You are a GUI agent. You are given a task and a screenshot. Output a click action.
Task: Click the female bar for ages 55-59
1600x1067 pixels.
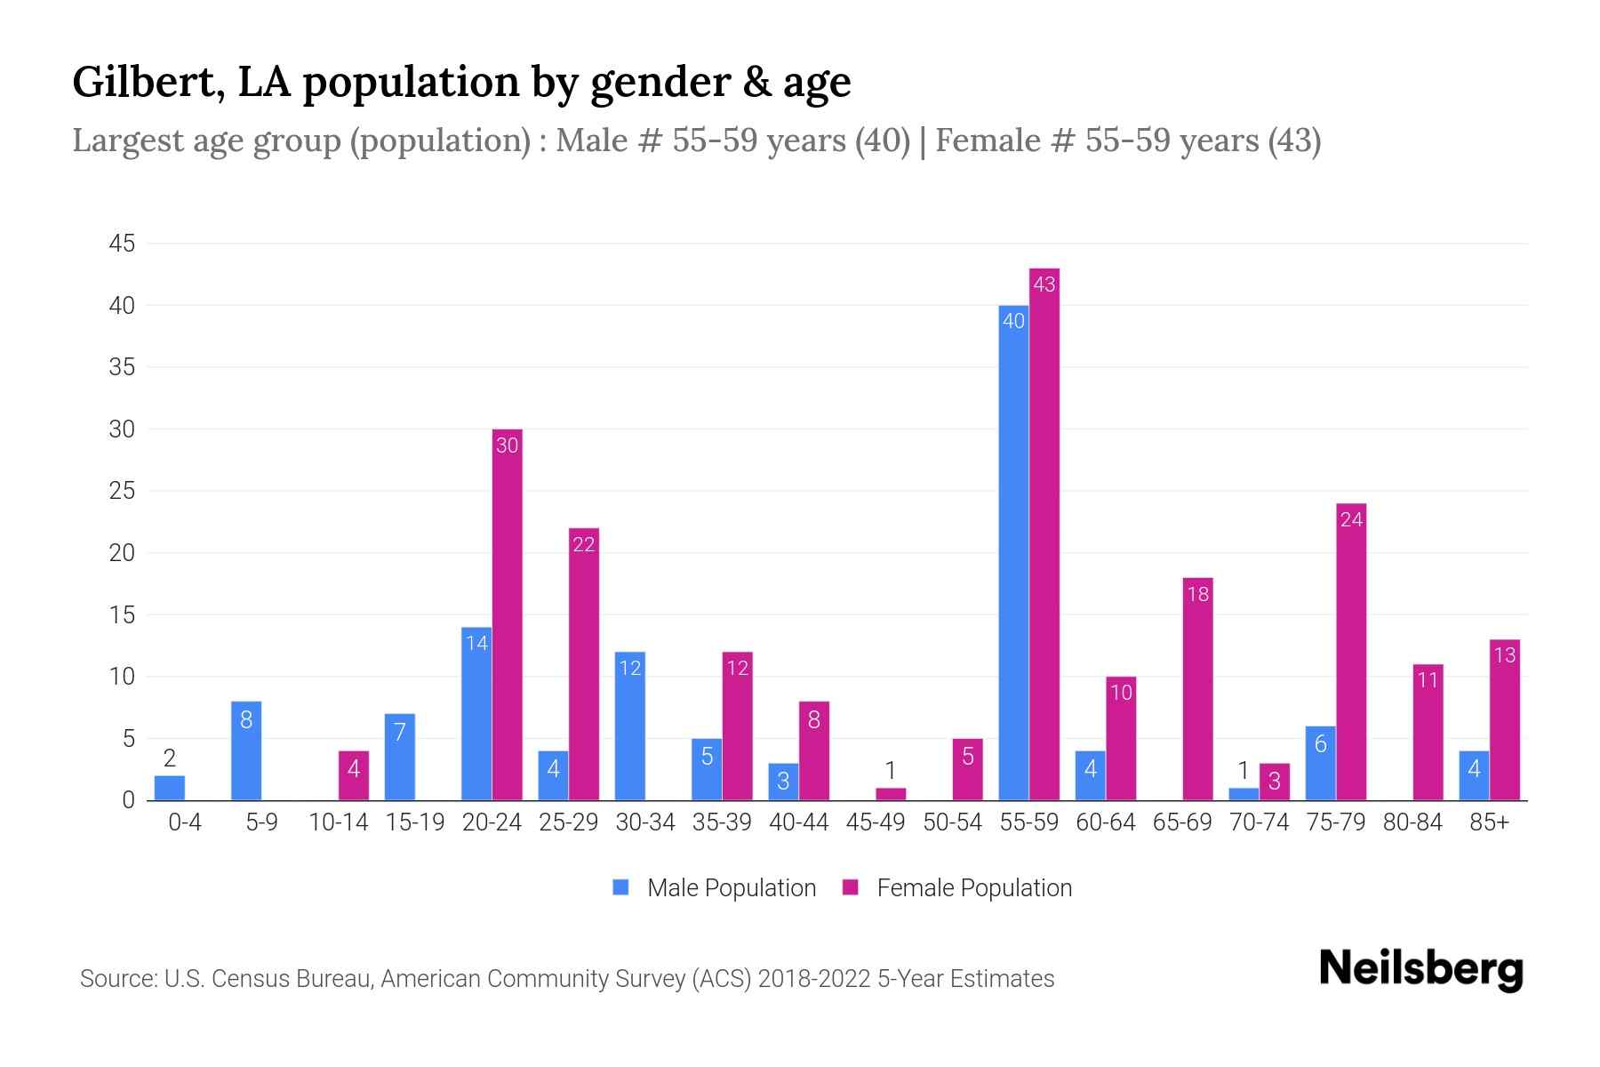[1044, 533]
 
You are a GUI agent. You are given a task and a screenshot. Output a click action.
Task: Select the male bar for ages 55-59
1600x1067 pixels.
[1013, 551]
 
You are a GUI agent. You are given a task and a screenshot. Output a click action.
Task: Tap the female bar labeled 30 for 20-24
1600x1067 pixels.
[507, 614]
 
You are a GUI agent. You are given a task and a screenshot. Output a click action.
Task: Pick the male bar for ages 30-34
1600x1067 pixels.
[629, 726]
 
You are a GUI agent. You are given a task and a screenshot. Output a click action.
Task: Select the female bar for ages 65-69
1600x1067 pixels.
[1197, 689]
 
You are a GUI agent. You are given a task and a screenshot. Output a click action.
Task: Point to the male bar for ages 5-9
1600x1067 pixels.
[246, 751]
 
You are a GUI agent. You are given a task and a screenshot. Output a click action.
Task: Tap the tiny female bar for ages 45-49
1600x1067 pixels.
[891, 794]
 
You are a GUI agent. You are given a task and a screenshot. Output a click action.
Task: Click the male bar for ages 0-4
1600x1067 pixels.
[170, 788]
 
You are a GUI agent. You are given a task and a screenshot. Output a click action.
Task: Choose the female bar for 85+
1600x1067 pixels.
[1505, 720]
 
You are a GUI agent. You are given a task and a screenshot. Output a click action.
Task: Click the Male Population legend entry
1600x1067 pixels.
[715, 887]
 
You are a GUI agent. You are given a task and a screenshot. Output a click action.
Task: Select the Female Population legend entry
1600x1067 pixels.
[958, 887]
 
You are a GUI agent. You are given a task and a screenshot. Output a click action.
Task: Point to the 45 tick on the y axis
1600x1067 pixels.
[122, 244]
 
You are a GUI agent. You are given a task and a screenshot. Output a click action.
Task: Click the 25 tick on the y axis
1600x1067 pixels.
[122, 491]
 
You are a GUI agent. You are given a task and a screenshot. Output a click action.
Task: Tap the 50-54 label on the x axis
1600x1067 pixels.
[952, 822]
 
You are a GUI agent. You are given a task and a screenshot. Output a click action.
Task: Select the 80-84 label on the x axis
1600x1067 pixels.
[1412, 822]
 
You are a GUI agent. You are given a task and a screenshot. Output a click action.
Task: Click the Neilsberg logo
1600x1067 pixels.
[1420, 969]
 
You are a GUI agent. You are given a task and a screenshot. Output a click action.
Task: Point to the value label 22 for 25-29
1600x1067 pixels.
[583, 544]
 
